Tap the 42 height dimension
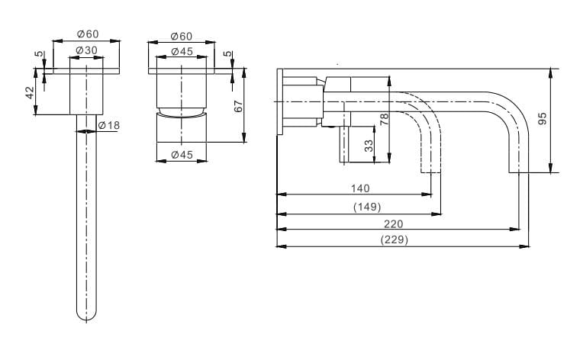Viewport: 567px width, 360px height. tap(30, 92)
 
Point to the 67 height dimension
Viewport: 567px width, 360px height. tap(238, 106)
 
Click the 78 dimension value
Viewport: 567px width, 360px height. tap(385, 118)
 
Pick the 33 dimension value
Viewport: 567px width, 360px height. tap(369, 145)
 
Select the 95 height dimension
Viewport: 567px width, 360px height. tap(543, 118)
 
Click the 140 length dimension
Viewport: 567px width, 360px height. tap(360, 188)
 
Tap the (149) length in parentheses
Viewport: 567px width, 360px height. tap(367, 207)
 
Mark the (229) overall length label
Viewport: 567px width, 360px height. tap(395, 239)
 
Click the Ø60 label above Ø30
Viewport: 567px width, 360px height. tap(87, 34)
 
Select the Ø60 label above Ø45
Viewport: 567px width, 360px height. tap(182, 36)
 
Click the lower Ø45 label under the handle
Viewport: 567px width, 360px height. tap(182, 155)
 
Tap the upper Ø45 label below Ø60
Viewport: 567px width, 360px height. tap(182, 51)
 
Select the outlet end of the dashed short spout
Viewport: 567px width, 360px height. tap(430, 172)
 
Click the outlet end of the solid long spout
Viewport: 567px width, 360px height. tap(519, 172)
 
